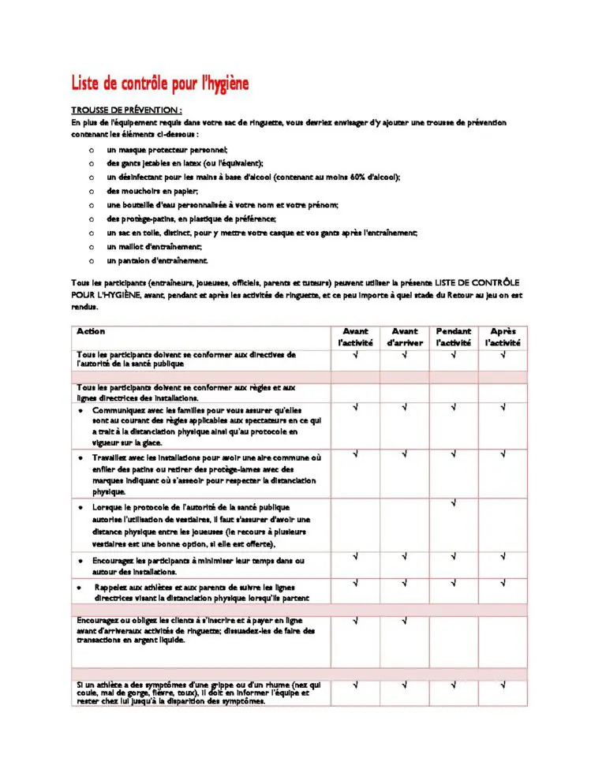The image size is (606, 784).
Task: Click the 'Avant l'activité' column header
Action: click(x=356, y=337)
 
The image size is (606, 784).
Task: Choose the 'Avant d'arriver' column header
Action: click(x=405, y=337)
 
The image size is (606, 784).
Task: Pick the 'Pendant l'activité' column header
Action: click(x=454, y=337)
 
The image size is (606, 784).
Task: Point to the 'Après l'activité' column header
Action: click(x=503, y=337)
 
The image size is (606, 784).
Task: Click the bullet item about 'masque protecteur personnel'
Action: click(x=167, y=149)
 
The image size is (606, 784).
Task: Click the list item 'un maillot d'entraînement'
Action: click(x=155, y=246)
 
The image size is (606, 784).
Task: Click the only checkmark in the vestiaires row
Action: click(x=454, y=503)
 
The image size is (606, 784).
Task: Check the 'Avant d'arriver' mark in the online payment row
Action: click(x=405, y=621)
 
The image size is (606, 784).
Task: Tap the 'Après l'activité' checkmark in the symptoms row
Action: click(x=503, y=685)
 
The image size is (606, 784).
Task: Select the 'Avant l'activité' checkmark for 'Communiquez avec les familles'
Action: click(x=356, y=408)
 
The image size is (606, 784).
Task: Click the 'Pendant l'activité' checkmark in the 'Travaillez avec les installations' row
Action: click(x=454, y=454)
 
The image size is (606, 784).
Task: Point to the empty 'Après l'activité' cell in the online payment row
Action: click(x=503, y=640)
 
